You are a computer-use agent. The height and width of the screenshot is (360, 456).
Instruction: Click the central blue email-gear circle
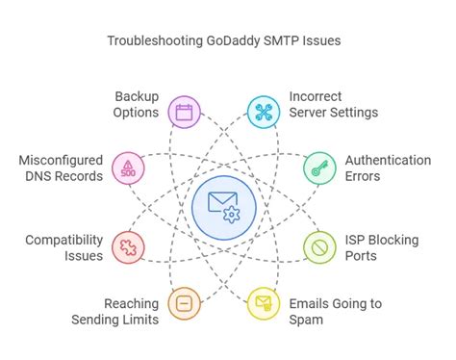pos(223,206)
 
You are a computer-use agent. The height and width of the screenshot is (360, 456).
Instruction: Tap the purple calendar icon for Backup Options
pos(184,112)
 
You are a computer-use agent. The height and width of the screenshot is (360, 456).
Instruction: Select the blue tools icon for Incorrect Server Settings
pos(263,112)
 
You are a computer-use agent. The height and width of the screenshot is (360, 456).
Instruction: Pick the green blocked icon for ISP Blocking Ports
pos(318,247)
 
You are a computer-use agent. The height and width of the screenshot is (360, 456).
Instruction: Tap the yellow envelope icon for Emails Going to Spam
pos(263,303)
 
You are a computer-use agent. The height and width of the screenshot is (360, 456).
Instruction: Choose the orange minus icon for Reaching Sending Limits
pos(184,303)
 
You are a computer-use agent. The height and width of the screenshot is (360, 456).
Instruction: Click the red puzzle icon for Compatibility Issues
pos(128,247)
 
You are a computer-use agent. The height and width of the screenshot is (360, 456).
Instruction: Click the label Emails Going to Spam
pos(335,312)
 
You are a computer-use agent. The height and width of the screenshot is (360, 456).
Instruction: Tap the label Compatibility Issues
pos(64,247)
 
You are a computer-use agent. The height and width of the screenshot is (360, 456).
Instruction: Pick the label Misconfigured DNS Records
pos(60,168)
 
